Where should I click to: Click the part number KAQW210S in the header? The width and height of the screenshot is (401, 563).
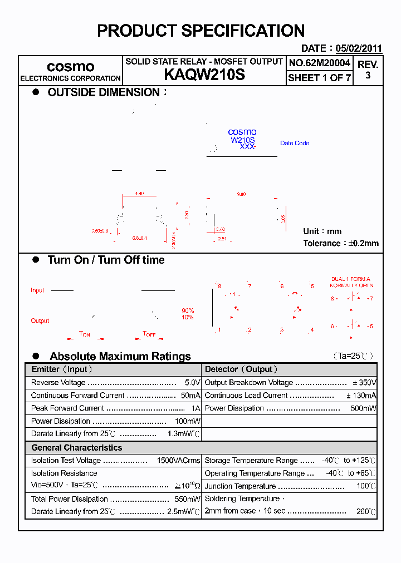coord(204,75)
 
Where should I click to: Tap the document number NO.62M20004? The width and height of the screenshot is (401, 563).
coord(319,63)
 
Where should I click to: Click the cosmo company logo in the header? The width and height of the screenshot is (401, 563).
coord(70,67)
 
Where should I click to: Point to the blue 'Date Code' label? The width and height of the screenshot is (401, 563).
coord(295,144)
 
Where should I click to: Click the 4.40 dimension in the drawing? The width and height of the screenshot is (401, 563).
coord(139,194)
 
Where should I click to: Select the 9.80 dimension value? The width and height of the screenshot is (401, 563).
coord(241,194)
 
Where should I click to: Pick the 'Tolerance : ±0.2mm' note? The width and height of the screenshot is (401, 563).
coord(340,243)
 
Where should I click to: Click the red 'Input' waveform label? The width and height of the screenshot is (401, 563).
coord(37,290)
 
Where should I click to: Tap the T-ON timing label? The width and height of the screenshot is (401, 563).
coord(85,334)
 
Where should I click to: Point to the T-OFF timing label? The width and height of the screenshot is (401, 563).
coord(149,334)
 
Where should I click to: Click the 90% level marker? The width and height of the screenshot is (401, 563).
coord(188,310)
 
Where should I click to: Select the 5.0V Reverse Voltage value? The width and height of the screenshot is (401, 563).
coord(192,383)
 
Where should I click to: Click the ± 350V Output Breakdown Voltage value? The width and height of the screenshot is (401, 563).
coord(364,383)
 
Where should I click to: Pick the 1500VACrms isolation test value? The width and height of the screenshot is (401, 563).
coord(178,461)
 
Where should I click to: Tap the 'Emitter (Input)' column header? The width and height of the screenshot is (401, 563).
coord(61,369)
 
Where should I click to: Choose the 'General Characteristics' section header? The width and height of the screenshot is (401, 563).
coord(76,448)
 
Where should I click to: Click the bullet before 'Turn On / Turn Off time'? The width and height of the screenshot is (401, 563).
coord(36,260)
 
